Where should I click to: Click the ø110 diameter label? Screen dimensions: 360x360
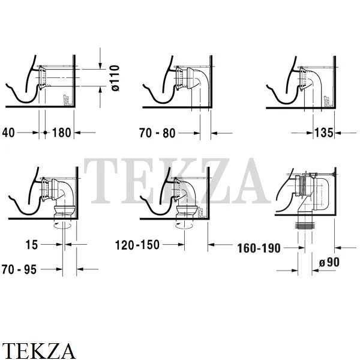pos(115,78)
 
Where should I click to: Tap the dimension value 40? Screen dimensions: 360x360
pos(8,133)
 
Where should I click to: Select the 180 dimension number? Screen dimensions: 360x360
pos(62,133)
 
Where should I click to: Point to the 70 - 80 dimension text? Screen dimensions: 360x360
pos(157,133)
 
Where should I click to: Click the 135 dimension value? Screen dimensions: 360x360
pos(324,133)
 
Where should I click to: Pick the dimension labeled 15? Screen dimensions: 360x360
pos(31,245)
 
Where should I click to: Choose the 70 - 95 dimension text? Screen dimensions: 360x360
pos(19,269)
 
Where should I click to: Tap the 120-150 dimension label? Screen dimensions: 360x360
pos(137,245)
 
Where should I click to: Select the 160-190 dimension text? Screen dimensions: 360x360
pos(259,248)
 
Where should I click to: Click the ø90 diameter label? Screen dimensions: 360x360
pos(329,262)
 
